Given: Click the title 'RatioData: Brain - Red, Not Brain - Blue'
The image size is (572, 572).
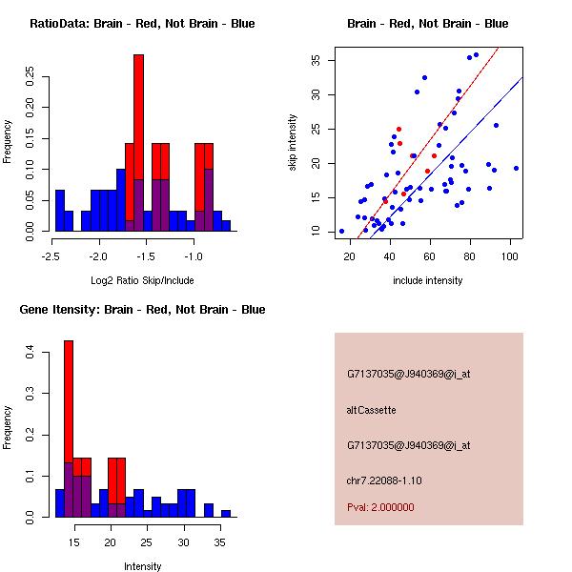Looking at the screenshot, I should point(142,23).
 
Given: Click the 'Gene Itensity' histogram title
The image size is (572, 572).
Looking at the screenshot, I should point(142,310).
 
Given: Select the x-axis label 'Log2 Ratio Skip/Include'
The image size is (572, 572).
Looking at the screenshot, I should point(143,280).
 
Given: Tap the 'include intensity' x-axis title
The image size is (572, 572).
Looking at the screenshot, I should point(427,280).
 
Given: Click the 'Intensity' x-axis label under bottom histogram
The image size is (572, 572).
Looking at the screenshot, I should point(143,566).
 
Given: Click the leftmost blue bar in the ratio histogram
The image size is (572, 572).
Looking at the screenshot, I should point(60,210).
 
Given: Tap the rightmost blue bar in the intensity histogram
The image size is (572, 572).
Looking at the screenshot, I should point(226,513).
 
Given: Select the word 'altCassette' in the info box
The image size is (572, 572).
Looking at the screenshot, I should point(371,410).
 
